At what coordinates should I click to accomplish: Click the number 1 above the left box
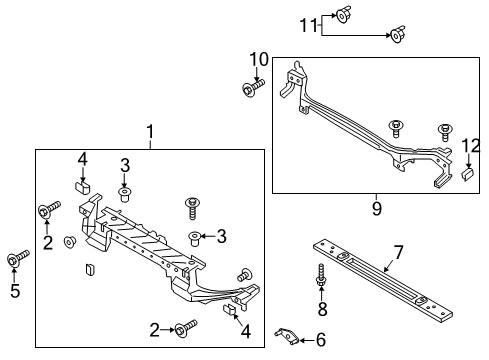tap(150, 131)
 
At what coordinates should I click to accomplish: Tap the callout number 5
tap(13, 292)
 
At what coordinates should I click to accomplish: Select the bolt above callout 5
tap(15, 260)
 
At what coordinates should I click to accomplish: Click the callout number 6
tap(320, 340)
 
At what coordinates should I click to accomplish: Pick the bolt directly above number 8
tap(321, 276)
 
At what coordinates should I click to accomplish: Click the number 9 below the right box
tap(376, 208)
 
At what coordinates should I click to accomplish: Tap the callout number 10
tap(258, 60)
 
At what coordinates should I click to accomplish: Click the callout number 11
tap(311, 25)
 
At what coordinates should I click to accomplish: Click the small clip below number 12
tap(467, 172)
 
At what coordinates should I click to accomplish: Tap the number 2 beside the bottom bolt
tap(154, 329)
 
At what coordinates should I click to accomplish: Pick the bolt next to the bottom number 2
tap(186, 327)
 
